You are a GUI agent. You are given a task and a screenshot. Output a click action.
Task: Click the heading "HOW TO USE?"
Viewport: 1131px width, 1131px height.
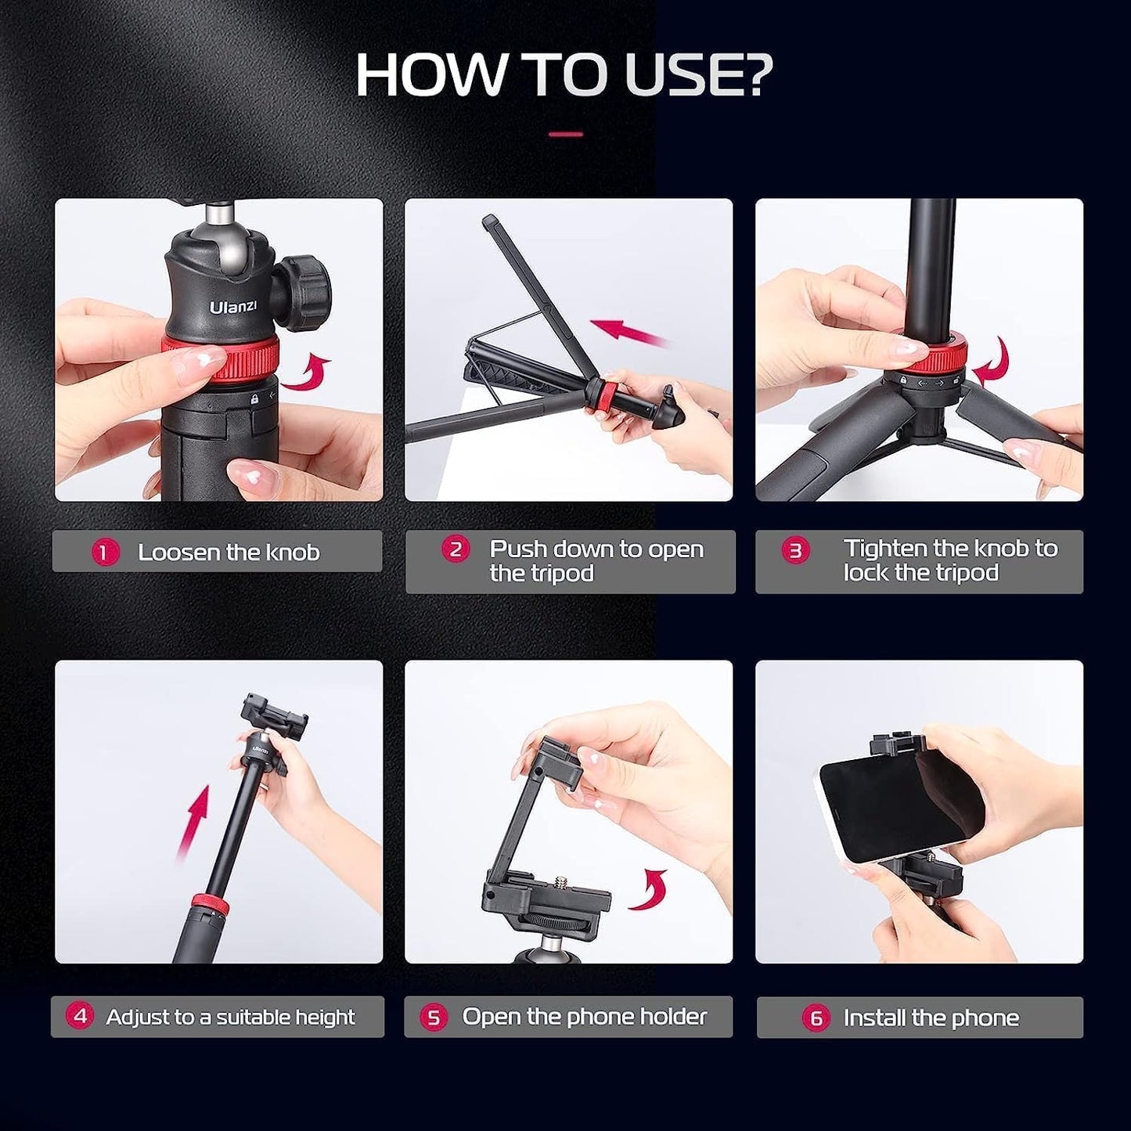[x=564, y=75]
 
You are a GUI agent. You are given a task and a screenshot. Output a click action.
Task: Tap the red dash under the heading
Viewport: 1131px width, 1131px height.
[x=565, y=135]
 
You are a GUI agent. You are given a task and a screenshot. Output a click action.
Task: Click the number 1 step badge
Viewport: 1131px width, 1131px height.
[x=104, y=553]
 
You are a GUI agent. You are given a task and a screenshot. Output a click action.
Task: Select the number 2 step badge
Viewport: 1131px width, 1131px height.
[x=455, y=549]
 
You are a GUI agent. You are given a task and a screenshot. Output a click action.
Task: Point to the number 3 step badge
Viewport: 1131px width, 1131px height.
[x=795, y=550]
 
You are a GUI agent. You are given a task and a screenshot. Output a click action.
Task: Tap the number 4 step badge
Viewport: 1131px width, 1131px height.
[x=79, y=1017]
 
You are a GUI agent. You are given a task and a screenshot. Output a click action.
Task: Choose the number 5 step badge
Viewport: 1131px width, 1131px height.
[x=433, y=1018]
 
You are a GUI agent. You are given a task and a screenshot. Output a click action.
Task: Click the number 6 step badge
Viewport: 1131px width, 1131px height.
[x=816, y=1018]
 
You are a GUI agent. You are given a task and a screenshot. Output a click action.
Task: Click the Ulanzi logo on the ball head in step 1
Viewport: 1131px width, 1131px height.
[x=232, y=306]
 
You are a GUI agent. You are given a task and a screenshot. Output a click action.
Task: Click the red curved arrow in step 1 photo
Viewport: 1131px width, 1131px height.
[x=306, y=373]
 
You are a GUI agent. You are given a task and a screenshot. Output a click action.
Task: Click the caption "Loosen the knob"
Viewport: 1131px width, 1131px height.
[x=229, y=553]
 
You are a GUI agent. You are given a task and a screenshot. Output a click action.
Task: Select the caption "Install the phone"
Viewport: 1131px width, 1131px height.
[x=931, y=1018]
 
